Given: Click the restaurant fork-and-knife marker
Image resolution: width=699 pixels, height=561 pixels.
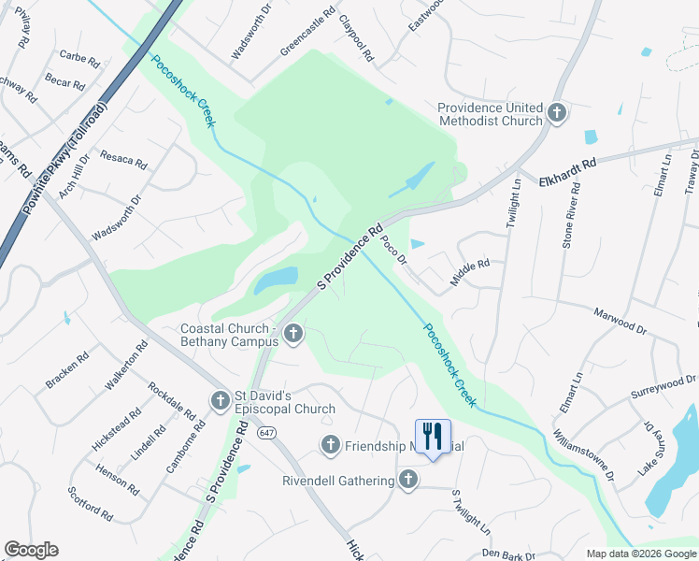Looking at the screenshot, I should click(x=433, y=436).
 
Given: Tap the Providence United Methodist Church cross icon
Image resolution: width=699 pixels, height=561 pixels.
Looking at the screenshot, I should click(x=557, y=113).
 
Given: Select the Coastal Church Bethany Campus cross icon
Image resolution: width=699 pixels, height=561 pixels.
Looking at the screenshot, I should click(x=292, y=334).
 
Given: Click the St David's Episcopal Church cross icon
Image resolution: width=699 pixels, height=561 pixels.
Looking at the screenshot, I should click(x=221, y=400).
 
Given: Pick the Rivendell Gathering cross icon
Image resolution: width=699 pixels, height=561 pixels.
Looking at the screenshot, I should click(x=407, y=481).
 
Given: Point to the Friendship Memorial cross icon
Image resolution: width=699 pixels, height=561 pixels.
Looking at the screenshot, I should click(x=330, y=445).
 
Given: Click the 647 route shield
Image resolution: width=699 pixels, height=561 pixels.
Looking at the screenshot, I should click(x=268, y=434).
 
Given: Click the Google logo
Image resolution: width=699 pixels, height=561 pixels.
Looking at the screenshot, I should click(x=31, y=550).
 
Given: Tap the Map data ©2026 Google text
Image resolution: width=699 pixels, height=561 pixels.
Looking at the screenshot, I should click(x=641, y=554).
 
